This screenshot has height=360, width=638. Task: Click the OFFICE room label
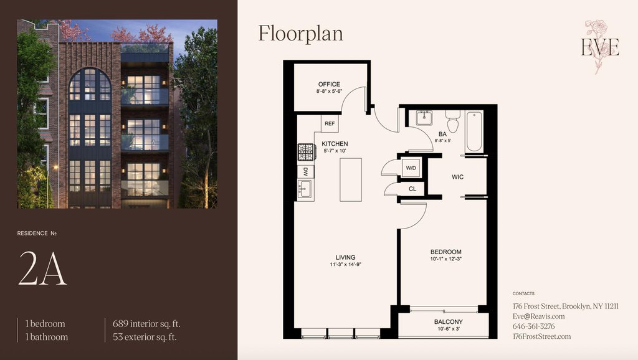click(329, 84)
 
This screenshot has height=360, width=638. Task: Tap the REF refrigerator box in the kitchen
click(330, 124)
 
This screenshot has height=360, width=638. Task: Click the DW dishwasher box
click(305, 172)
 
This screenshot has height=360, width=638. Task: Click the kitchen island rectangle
click(351, 179)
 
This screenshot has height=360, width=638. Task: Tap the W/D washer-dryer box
click(411, 168)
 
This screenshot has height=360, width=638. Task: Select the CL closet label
click(412, 189)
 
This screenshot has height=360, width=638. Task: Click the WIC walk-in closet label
click(457, 177)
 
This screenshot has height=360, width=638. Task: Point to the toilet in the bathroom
click(452, 120)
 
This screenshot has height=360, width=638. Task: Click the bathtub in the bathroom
click(474, 131)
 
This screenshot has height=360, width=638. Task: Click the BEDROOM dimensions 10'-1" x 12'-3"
click(446, 258)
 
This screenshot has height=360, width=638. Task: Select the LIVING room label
click(345, 257)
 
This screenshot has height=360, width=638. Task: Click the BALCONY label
click(449, 322)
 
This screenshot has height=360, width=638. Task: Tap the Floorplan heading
click(301, 34)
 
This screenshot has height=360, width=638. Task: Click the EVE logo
click(600, 47)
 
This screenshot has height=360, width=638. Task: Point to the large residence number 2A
click(43, 268)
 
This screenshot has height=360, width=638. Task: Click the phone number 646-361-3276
click(533, 326)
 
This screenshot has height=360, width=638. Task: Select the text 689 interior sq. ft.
click(146, 324)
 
